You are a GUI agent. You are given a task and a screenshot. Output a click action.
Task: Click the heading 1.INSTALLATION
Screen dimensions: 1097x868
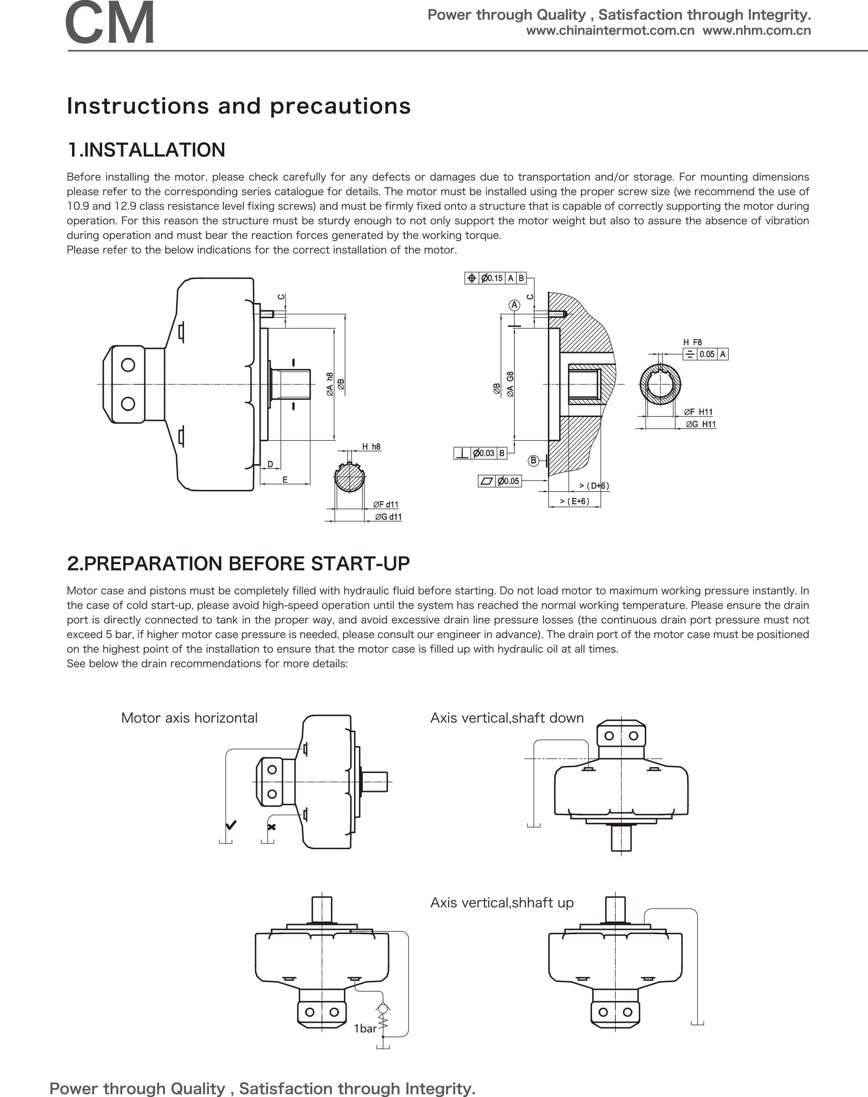point(146,150)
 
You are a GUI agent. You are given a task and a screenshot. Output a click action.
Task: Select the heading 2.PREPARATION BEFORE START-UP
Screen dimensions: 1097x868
point(238,563)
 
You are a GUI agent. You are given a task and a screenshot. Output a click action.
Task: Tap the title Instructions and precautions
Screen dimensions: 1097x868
point(239,106)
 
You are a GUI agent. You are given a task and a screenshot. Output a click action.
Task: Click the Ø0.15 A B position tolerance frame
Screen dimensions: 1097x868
point(495,278)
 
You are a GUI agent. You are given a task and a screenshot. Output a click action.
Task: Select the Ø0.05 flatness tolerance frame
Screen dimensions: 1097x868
point(500,481)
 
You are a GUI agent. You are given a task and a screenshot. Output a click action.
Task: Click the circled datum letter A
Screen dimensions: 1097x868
point(514,305)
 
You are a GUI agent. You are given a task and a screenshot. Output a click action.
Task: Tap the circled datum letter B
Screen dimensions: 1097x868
point(533,460)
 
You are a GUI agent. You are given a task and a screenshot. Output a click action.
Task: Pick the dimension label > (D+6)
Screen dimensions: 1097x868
point(594,486)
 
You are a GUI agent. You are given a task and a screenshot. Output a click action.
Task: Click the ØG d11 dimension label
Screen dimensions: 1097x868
point(388,517)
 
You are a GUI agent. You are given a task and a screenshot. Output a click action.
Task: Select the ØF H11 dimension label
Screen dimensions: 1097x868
point(698,412)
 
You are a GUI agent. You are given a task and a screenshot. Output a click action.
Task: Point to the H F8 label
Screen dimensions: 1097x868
point(692,342)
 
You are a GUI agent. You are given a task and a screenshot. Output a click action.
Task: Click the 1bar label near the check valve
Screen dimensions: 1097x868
point(365,1028)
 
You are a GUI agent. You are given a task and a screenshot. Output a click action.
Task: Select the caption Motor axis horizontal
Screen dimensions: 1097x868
point(189,718)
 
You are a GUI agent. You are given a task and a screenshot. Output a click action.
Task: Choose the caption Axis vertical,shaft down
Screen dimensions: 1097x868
point(507,718)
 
